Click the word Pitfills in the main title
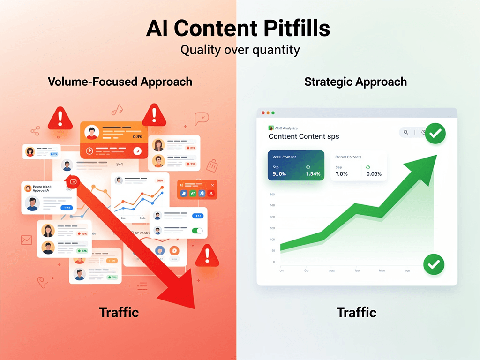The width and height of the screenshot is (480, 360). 296,29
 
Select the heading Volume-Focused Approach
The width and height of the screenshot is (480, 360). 120,82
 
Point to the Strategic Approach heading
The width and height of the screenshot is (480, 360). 355,82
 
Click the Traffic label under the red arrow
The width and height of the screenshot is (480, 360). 119,312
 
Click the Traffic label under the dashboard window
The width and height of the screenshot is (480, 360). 356,312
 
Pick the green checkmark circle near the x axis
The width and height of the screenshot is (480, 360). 434,264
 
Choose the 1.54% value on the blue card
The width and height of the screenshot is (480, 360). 313,174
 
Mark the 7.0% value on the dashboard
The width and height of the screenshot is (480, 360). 341,174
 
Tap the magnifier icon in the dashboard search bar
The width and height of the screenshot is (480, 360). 406,133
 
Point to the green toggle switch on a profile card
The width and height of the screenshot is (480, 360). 197,231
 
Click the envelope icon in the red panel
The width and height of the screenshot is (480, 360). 26,240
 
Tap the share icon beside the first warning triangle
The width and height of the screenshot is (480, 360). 35,131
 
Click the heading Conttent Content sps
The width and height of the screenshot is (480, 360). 303,136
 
